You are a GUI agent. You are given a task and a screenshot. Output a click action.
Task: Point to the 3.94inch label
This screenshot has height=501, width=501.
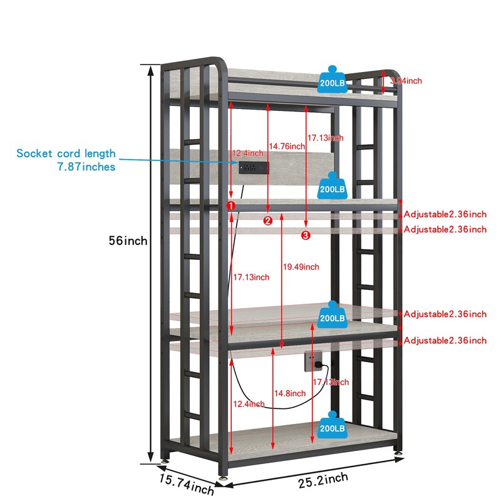tap(406, 81)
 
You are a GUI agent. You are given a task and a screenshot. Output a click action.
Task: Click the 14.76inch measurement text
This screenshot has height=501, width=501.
tap(287, 146)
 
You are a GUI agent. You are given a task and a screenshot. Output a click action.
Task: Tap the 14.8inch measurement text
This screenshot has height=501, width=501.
tap(289, 393)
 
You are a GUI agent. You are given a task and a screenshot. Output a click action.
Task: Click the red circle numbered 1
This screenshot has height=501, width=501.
tap(230, 205)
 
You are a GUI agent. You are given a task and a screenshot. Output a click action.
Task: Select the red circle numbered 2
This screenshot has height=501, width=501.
tap(267, 220)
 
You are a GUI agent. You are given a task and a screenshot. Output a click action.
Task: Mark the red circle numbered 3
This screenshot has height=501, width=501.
tap(306, 235)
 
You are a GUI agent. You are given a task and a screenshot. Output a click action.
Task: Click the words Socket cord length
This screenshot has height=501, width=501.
tap(66, 153)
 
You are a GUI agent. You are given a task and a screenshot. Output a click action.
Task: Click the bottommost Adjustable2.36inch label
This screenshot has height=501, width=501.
tap(445, 341)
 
